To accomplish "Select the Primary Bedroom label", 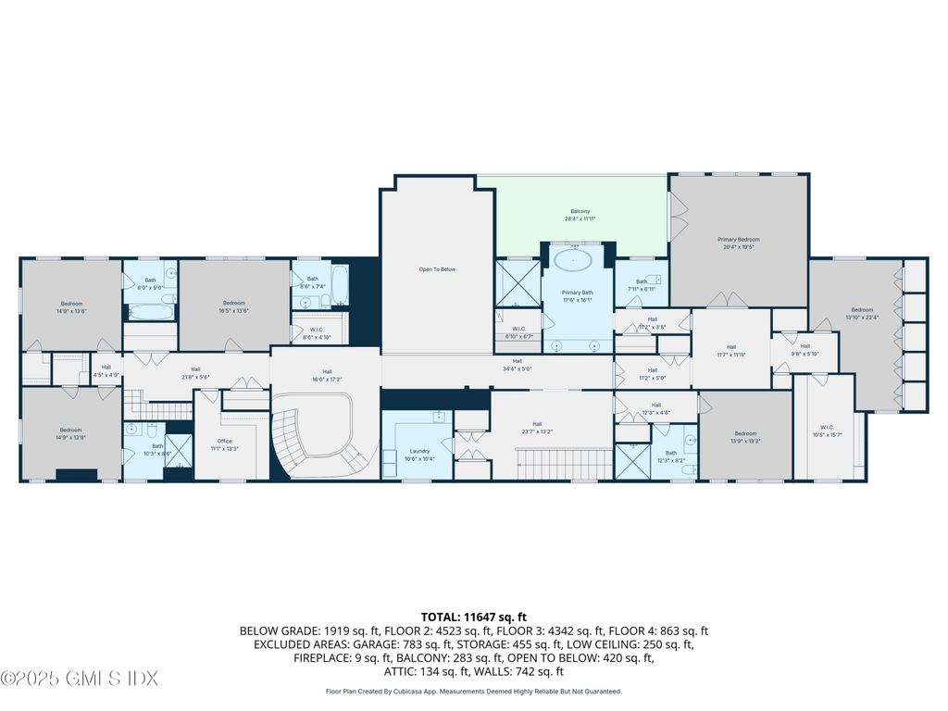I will [x=738, y=243].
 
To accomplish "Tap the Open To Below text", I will [x=437, y=269].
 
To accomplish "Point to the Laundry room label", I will [x=418, y=455].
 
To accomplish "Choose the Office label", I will [x=225, y=444].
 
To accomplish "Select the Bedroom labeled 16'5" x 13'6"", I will [x=233, y=306].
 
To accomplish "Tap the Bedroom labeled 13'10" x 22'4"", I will [x=862, y=313].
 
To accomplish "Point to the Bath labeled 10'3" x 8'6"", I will [x=157, y=449].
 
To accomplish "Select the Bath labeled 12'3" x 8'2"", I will [x=670, y=456].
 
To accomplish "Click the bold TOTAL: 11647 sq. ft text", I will [x=474, y=616].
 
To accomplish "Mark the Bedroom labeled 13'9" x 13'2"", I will [x=745, y=437].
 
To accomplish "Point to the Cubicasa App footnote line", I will [x=474, y=691].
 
